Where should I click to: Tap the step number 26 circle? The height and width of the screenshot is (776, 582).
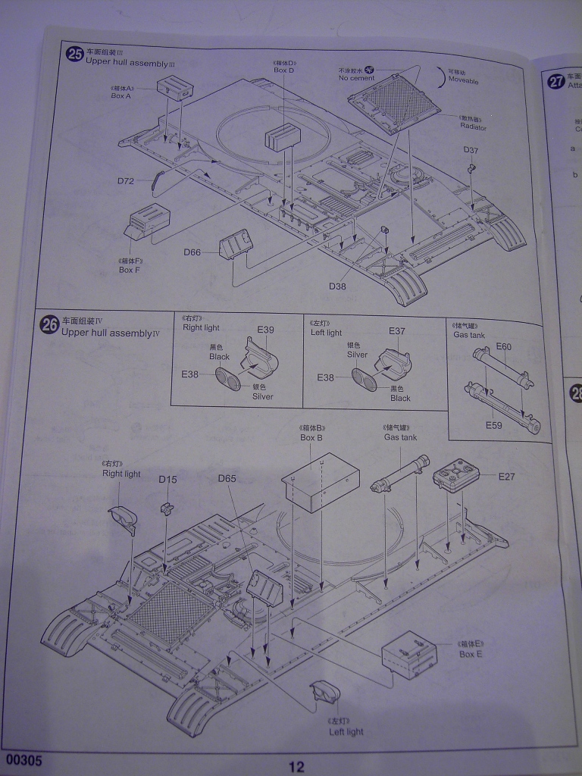pyautogui.click(x=50, y=325)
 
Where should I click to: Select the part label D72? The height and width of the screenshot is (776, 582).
pyautogui.click(x=126, y=181)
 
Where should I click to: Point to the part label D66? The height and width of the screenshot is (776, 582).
pyautogui.click(x=192, y=252)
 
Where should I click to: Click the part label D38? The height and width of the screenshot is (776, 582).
pyautogui.click(x=337, y=286)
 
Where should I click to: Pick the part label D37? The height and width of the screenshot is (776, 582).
pyautogui.click(x=471, y=149)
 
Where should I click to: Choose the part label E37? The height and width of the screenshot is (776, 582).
pyautogui.click(x=397, y=331)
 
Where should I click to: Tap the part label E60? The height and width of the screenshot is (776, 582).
pyautogui.click(x=504, y=347)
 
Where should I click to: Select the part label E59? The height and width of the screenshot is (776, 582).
pyautogui.click(x=494, y=425)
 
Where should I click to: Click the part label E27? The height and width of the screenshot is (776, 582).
pyautogui.click(x=507, y=477)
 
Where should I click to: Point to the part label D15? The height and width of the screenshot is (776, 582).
pyautogui.click(x=167, y=479)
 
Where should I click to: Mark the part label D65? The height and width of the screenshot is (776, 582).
pyautogui.click(x=227, y=478)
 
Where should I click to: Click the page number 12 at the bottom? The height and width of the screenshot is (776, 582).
pyautogui.click(x=296, y=766)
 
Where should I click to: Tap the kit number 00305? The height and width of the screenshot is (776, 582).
pyautogui.click(x=23, y=759)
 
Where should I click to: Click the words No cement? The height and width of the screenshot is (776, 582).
pyautogui.click(x=357, y=78)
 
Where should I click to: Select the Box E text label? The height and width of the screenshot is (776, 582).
pyautogui.click(x=471, y=653)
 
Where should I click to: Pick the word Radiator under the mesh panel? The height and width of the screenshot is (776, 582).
pyautogui.click(x=472, y=127)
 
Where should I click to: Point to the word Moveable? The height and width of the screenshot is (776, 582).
pyautogui.click(x=463, y=80)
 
